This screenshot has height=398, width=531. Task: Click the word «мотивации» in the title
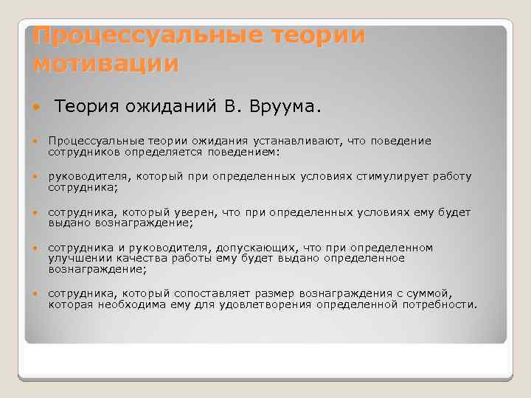point(106,63)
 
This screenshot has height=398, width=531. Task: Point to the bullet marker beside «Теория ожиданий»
point(37,109)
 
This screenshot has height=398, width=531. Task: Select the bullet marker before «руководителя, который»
point(37,177)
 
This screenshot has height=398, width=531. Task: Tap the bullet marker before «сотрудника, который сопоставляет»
point(37,294)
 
